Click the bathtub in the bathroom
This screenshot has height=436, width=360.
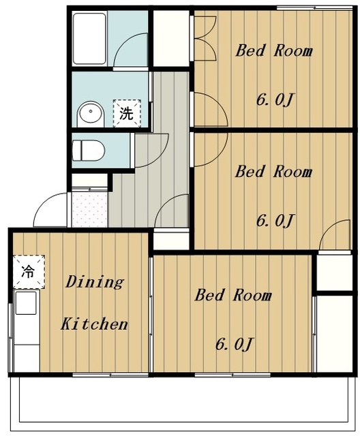click(89, 39)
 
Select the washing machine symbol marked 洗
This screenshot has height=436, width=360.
click(127, 113)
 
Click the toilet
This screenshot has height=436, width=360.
click(89, 150)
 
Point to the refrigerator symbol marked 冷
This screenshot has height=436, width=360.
click(29, 271)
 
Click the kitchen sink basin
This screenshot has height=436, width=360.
click(26, 302)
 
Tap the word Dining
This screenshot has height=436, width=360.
click(95, 283)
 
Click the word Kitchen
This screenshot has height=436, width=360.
click(94, 324)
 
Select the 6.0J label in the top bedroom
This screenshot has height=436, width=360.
click(275, 100)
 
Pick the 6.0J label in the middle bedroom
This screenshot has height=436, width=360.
click(275, 221)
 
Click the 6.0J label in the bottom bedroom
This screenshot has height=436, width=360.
click(235, 344)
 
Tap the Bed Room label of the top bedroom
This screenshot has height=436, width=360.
click(274, 51)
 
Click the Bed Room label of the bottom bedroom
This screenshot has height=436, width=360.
click(233, 295)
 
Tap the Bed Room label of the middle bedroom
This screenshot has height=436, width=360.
click(274, 172)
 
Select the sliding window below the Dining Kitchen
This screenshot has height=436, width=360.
click(110, 375)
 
